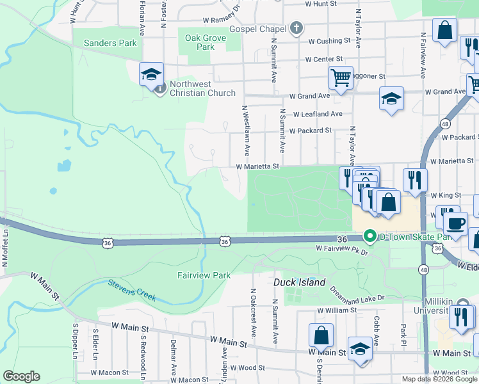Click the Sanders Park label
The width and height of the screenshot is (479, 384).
click(x=110, y=43)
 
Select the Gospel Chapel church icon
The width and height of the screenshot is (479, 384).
click(x=296, y=28)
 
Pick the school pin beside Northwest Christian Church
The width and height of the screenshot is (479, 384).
click(x=152, y=74)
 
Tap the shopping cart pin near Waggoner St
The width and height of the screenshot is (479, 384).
click(x=341, y=78)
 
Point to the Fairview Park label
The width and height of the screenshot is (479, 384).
click(x=204, y=275)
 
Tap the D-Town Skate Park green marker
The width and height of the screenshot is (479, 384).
click(x=369, y=236)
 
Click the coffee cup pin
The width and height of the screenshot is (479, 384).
click(x=455, y=223)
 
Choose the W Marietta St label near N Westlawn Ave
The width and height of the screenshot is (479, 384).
click(x=259, y=166)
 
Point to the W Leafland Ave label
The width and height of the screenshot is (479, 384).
click(x=318, y=114)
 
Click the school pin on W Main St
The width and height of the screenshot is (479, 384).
click(x=360, y=349)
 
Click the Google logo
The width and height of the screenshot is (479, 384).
click(x=22, y=376)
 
